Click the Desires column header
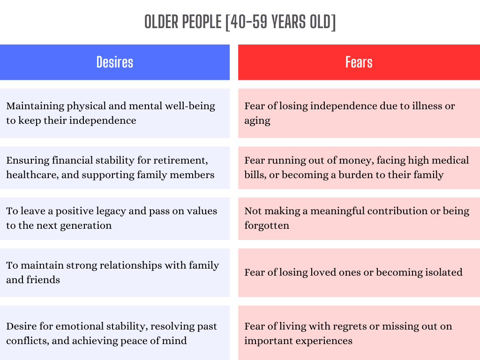pos(115,62)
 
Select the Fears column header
pos(359,62)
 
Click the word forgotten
pos(267,225)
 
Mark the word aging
pos(257,121)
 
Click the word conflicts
pos(26,341)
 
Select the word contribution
pos(397,211)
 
